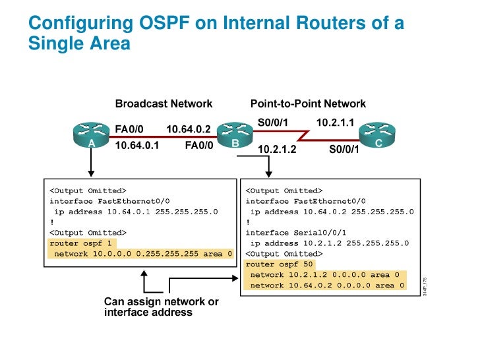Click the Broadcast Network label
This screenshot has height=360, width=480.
click(x=164, y=104)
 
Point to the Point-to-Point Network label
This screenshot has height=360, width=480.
click(x=308, y=104)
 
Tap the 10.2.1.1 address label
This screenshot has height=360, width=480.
click(x=336, y=123)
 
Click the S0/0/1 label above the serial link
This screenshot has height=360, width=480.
click(x=273, y=123)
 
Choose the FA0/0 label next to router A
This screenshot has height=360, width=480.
click(x=129, y=129)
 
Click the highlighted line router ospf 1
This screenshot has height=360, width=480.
click(x=76, y=243)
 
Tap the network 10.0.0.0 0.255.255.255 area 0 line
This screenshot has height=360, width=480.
click(x=142, y=254)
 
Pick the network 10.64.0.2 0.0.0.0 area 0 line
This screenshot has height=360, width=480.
click(x=326, y=285)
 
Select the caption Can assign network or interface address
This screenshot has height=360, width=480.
click(x=162, y=307)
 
